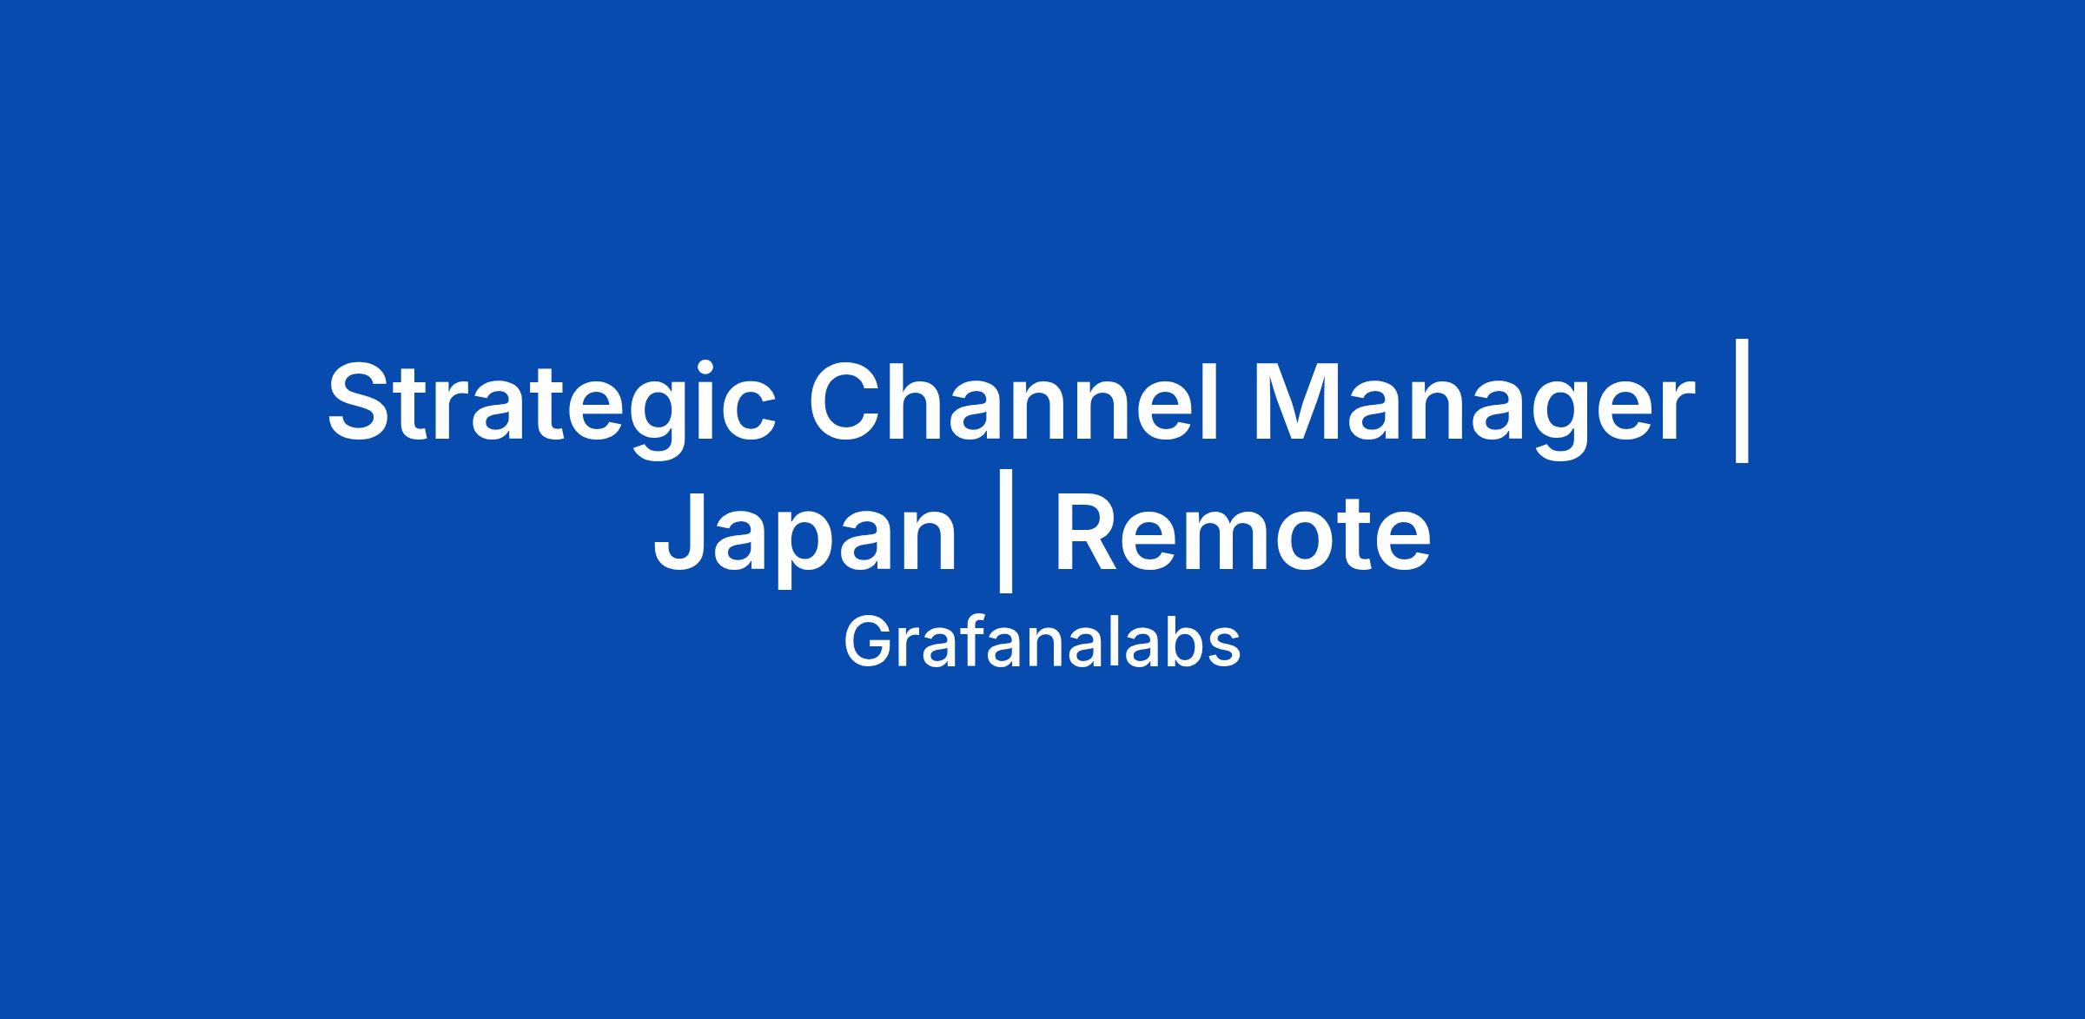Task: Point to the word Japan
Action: click(804, 535)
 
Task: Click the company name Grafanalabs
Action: click(1042, 643)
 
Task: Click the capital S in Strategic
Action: click(363, 400)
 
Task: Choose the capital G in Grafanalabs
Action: click(866, 644)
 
